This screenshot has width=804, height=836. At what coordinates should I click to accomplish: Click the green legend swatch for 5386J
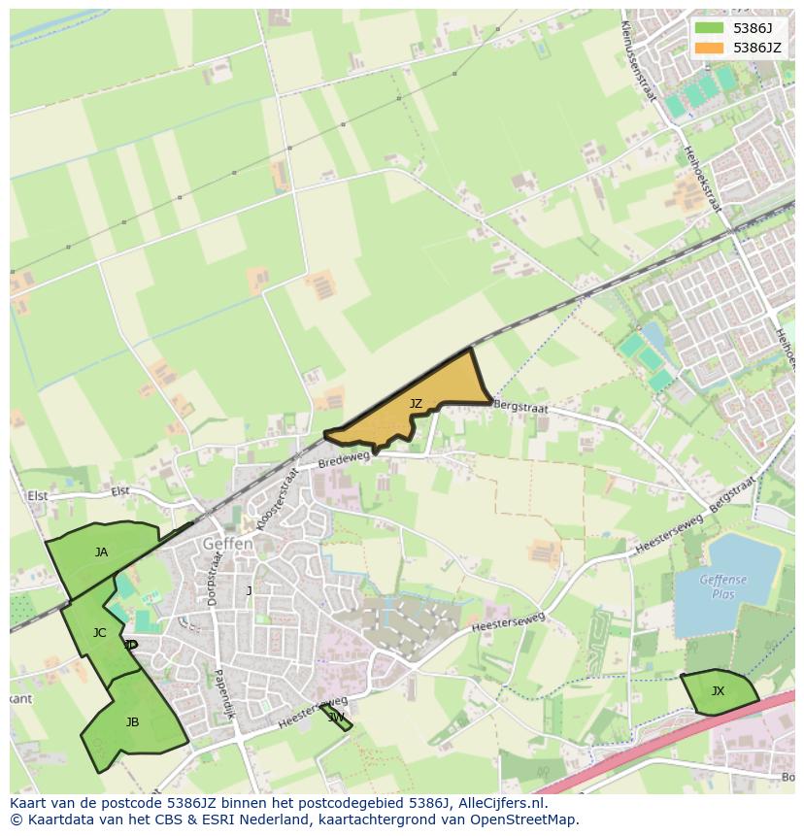pos(710,28)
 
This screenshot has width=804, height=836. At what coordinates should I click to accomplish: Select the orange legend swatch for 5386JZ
pos(710,48)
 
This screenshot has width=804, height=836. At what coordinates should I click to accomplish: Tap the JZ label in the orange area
pos(416,404)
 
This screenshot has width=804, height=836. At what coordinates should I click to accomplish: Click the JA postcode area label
pos(101,552)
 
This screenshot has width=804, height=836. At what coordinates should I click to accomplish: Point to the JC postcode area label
pos(99,633)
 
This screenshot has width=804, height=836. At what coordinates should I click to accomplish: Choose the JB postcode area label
pos(132,721)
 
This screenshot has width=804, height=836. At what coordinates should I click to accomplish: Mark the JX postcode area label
pos(718,691)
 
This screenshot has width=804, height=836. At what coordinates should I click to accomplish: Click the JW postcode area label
pos(336,718)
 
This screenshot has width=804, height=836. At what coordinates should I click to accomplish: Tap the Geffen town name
pos(228,545)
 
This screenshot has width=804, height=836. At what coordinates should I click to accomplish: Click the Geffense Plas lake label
pos(723,587)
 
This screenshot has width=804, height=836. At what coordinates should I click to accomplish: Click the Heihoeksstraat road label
pos(703,175)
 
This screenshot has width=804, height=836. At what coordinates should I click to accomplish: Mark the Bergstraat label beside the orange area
pos(520,407)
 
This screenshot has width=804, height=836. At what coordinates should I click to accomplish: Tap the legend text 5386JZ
pos(757,48)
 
